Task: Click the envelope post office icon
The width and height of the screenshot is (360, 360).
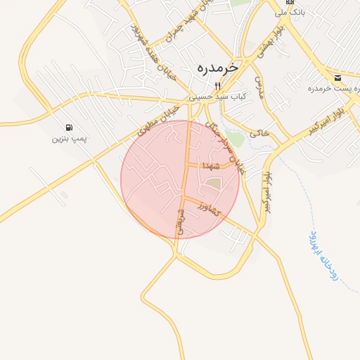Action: pos(338,77)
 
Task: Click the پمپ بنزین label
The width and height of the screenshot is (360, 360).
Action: pos(70,139)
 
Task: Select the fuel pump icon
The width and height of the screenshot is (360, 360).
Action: pos(69,127)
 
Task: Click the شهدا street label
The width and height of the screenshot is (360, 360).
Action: pos(211,166)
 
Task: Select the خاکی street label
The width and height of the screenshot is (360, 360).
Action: pos(259,131)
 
